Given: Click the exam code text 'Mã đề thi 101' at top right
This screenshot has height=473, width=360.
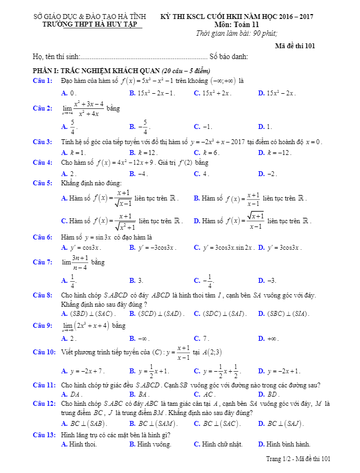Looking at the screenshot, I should click(x=294, y=46).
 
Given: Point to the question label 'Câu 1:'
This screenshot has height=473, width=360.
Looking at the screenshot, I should click(x=42, y=81).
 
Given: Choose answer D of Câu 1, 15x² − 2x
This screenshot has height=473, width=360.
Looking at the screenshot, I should click(x=280, y=93).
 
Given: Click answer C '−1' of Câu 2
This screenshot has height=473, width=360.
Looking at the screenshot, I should click(x=205, y=127).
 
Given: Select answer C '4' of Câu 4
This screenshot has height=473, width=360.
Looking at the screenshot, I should click(x=204, y=173).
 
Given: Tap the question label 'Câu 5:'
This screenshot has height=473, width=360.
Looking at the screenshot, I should click(x=42, y=183).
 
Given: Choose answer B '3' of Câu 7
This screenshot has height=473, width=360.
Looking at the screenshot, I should click(x=139, y=281).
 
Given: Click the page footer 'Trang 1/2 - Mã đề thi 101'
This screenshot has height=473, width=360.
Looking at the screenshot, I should click(x=298, y=459).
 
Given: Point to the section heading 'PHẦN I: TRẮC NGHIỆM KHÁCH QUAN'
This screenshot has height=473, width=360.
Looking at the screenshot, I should click(x=97, y=71).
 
